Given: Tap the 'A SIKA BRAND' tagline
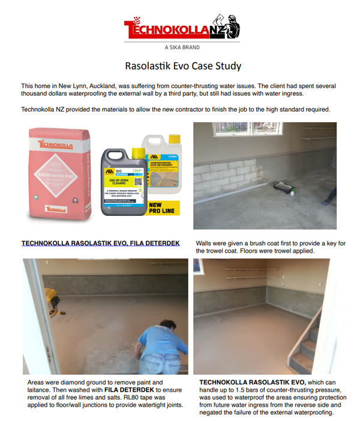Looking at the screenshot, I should point(182,47).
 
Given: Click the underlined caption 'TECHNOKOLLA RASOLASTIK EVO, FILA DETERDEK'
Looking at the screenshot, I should point(100,244).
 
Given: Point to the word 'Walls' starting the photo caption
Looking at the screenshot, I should point(206,244).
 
